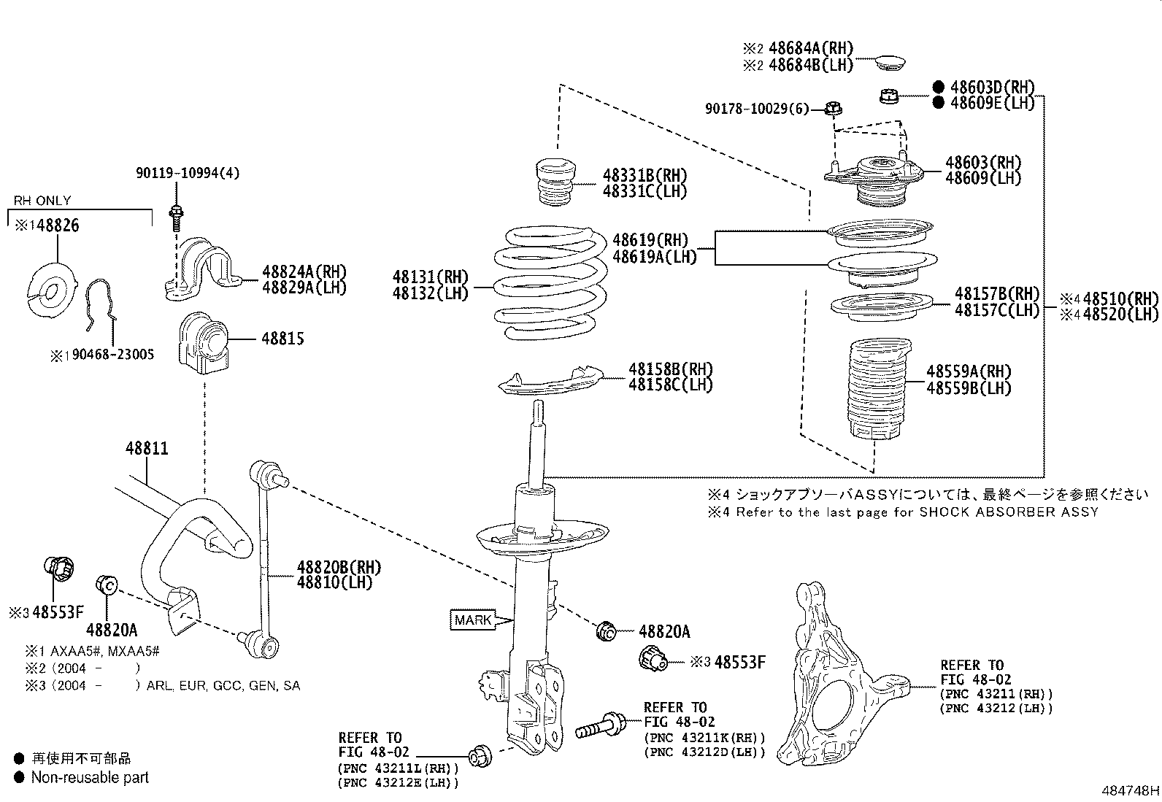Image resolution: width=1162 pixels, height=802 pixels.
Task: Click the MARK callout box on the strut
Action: pyautogui.click(x=473, y=620)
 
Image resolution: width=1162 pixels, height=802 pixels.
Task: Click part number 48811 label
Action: pyautogui.click(x=146, y=448)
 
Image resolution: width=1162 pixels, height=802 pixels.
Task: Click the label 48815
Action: pyautogui.click(x=282, y=339)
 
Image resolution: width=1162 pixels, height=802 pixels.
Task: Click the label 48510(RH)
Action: pyautogui.click(x=1120, y=298)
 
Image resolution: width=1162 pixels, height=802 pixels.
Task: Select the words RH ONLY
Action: pyautogui.click(x=42, y=201)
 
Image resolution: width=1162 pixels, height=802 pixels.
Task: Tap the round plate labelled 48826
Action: pyautogui.click(x=52, y=291)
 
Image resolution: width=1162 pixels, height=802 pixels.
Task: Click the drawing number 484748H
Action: pyautogui.click(x=1130, y=790)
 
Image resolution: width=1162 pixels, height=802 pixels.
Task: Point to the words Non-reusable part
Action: pyautogui.click(x=90, y=778)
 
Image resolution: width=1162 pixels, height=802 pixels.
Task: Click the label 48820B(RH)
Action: pyautogui.click(x=339, y=567)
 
